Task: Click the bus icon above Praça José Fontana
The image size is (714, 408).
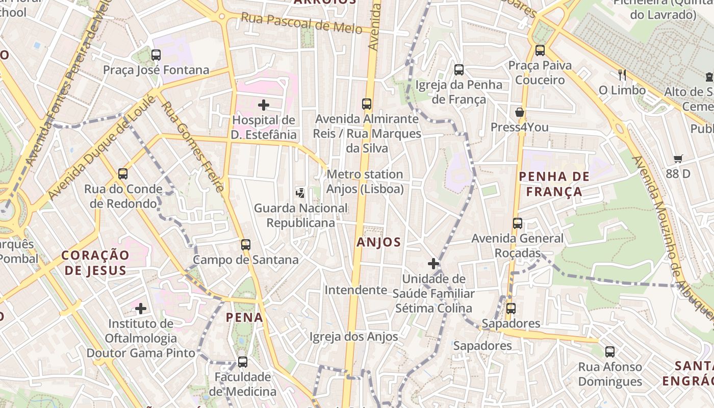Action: (x=156, y=55)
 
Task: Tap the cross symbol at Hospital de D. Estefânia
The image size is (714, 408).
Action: (x=263, y=105)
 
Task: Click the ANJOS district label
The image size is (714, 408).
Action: (x=379, y=242)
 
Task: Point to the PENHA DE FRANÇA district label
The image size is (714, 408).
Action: (x=554, y=184)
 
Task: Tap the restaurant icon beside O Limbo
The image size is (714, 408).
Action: (x=622, y=75)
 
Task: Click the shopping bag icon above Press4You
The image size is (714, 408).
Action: (x=520, y=112)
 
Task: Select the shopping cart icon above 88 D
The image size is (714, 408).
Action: (x=678, y=159)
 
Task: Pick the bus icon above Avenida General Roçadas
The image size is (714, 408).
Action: (x=518, y=223)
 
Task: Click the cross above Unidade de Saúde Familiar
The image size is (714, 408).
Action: (x=433, y=264)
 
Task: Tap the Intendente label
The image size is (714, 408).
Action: (x=356, y=290)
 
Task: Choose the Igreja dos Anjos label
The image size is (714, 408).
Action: (x=354, y=337)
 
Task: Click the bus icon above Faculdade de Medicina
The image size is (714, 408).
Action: (x=243, y=362)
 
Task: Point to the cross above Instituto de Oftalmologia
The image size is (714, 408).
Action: (x=141, y=308)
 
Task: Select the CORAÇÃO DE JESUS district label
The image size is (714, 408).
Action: (x=95, y=263)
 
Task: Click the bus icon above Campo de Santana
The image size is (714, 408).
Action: (x=246, y=245)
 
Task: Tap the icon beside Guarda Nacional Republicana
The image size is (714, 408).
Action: (x=300, y=193)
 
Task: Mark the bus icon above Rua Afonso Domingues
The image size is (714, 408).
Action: (x=610, y=351)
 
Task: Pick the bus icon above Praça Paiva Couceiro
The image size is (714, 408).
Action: (x=540, y=50)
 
